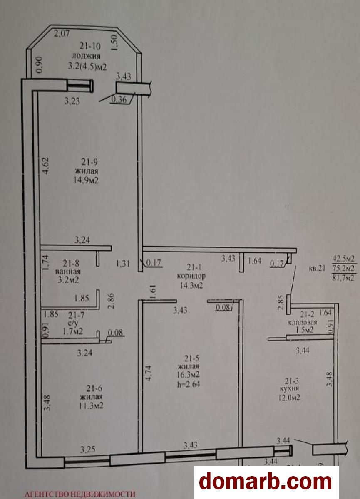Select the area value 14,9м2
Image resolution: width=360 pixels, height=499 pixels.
pyautogui.click(x=87, y=180)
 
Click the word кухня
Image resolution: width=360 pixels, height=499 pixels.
pyautogui.click(x=290, y=388)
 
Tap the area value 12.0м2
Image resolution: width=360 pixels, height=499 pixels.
pyautogui.click(x=290, y=398)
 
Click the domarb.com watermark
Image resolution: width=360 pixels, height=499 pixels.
pyautogui.click(x=266, y=482)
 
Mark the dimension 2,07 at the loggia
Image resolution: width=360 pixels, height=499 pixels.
pyautogui.click(x=62, y=34)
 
